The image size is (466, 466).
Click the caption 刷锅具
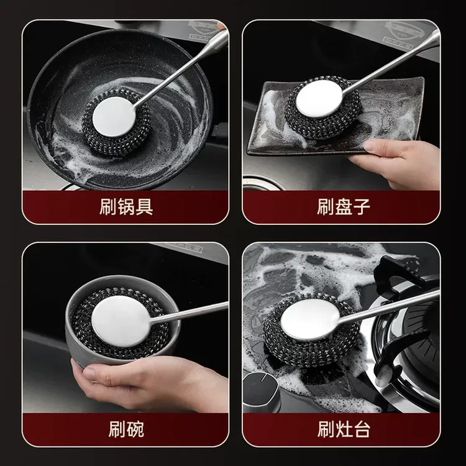pyautogui.click(x=126, y=206)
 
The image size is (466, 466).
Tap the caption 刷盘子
pyautogui.click(x=343, y=206)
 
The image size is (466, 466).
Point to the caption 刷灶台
pyautogui.click(x=343, y=428)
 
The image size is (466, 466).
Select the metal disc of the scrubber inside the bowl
pyautogui.click(x=122, y=321)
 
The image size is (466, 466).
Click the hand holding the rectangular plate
pyautogui.click(x=398, y=163)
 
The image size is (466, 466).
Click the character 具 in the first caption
pyautogui.click(x=144, y=206)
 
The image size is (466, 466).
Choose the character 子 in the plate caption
pyautogui.click(x=362, y=206)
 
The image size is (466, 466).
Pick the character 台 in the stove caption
pyautogui.click(x=362, y=428)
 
